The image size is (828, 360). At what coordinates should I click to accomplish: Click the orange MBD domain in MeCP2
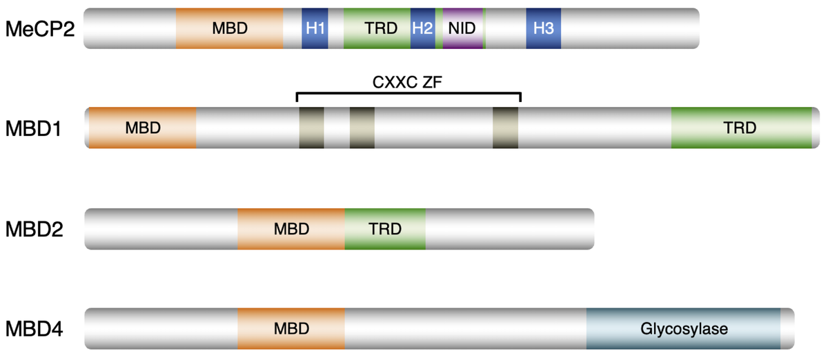point(230,28)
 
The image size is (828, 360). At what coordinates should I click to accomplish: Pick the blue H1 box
point(315,28)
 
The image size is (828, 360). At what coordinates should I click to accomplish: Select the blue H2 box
point(422,28)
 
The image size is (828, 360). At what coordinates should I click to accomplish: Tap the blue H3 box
point(543,28)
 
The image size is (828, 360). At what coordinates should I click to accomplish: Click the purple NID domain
point(462,28)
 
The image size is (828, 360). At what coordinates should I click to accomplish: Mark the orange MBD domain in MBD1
point(142,128)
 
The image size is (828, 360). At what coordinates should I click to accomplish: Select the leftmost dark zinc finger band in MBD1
point(311,128)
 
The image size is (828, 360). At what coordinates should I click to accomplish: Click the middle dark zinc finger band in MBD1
point(362,128)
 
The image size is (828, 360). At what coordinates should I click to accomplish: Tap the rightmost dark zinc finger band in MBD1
point(505,128)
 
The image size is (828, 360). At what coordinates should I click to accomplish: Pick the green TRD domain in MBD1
point(741,128)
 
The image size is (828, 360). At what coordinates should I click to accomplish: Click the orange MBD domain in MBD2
point(290,229)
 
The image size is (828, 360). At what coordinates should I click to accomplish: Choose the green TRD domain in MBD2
point(385,229)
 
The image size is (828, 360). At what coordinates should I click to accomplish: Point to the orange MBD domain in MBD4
point(290,329)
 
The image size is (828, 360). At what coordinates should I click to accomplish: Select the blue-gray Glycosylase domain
point(683,329)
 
